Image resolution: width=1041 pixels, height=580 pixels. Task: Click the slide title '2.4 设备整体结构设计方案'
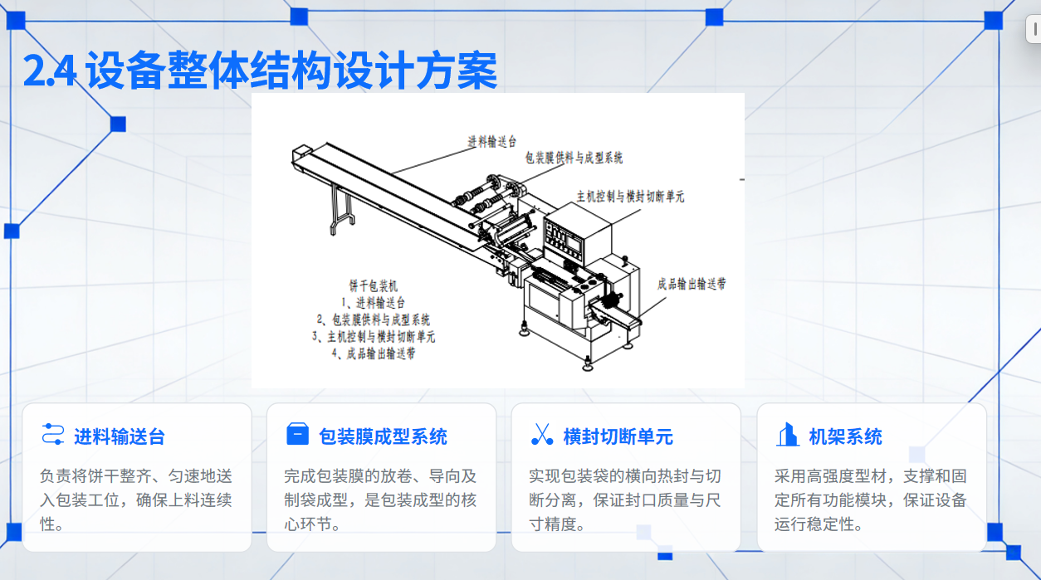[261, 71]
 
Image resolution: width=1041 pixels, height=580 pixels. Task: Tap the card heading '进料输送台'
[120, 436]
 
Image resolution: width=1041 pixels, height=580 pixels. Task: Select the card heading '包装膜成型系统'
[383, 436]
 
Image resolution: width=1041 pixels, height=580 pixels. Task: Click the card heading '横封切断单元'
[618, 436]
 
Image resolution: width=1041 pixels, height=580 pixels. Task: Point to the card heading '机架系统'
[845, 436]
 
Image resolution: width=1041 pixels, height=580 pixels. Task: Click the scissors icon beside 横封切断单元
[542, 434]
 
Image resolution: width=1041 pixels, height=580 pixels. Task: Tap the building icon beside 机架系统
[788, 434]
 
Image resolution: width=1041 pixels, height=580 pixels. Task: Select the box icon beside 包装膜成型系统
[297, 434]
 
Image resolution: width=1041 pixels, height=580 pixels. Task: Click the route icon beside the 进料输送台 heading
[52, 434]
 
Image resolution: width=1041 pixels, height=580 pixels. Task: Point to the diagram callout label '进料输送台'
[491, 142]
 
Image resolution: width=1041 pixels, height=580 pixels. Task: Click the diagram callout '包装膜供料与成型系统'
[574, 158]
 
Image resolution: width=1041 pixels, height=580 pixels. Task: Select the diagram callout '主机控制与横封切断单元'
[630, 197]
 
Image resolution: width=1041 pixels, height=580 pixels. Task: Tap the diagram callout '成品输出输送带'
[692, 284]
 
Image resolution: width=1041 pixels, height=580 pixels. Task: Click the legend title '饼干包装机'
[374, 285]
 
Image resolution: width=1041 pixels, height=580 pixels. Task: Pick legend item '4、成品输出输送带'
[374, 353]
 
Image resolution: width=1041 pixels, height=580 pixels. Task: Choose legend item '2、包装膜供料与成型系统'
[374, 319]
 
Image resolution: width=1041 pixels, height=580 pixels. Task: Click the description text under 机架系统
[870, 500]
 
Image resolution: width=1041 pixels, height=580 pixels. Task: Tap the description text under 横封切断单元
[624, 500]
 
